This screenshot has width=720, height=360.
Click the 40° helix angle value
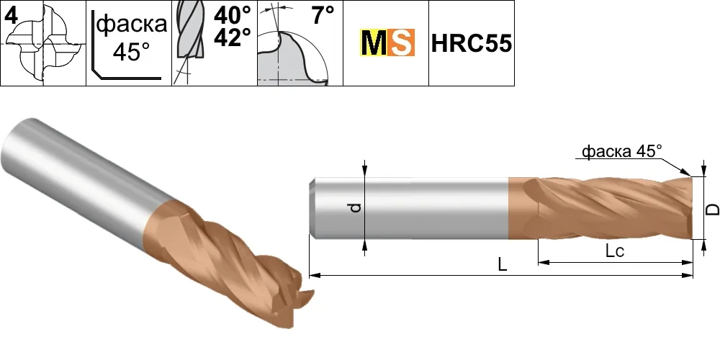click(232, 16)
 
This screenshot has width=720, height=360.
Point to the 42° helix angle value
click(232, 38)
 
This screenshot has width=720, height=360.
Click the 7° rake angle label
click(323, 15)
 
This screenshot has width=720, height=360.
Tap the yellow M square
click(373, 42)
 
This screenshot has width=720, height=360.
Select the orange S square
click(401, 42)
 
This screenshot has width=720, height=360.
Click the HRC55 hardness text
click(471, 44)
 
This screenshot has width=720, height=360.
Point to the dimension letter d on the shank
click(356, 208)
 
